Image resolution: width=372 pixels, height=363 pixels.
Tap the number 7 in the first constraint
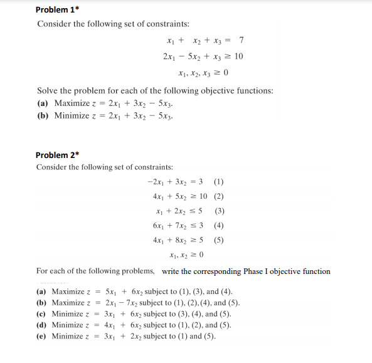tap(242, 41)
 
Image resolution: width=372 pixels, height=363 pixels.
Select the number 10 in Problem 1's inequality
tap(238, 56)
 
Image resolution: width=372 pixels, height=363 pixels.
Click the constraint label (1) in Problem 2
tap(219, 184)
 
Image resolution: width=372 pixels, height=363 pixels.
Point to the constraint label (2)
tap(219, 197)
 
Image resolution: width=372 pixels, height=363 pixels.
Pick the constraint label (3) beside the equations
tap(219, 211)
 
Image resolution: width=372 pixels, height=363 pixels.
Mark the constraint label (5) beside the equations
tap(219, 240)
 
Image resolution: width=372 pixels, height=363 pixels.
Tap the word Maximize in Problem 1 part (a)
tap(71, 103)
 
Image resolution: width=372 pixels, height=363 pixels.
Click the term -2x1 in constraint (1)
tap(157, 184)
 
